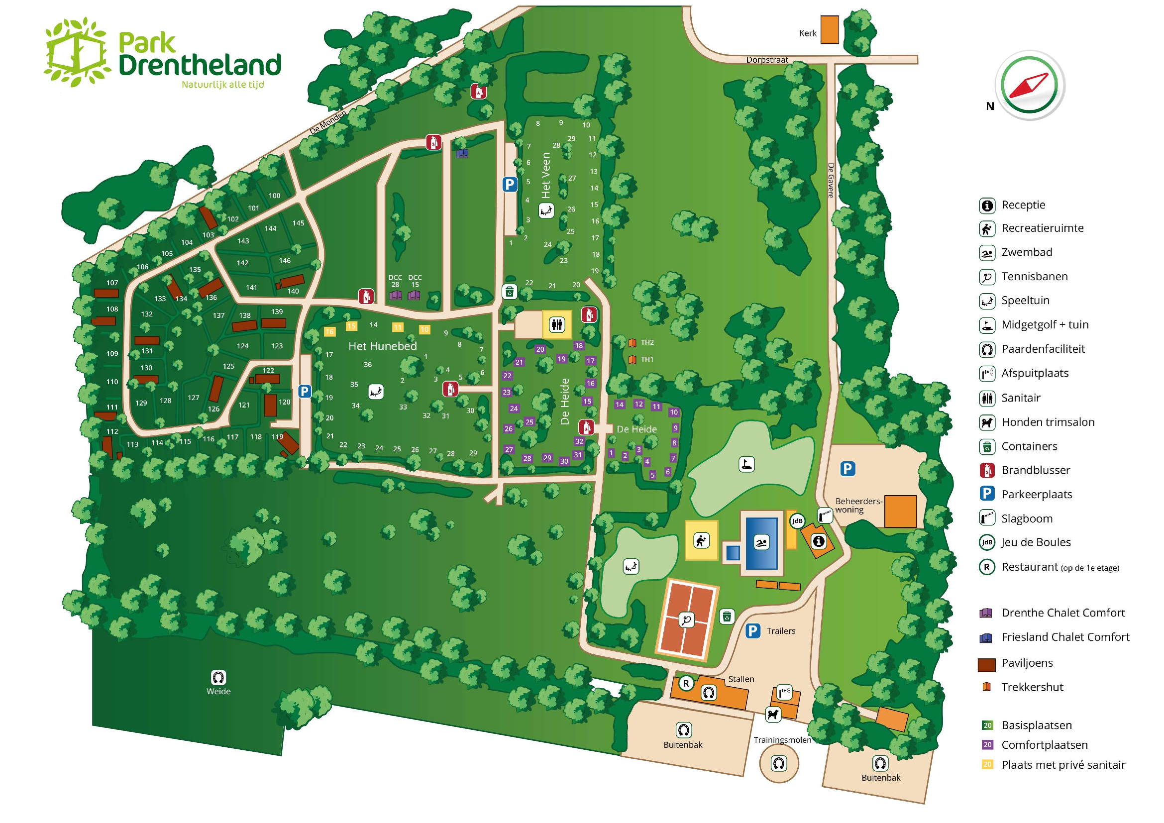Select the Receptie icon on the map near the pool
(x=818, y=541)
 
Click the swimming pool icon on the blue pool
(x=761, y=543)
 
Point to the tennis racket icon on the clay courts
(x=686, y=619)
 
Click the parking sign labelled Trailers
(x=753, y=631)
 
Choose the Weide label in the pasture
(x=218, y=691)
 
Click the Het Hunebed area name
(x=382, y=346)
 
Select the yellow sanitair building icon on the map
(x=557, y=324)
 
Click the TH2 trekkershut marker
(x=632, y=342)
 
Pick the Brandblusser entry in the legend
(x=1035, y=470)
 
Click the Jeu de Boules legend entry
(x=1035, y=542)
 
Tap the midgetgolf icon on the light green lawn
(x=746, y=464)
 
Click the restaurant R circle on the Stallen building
(x=686, y=683)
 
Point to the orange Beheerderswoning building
(x=900, y=512)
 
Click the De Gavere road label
(x=831, y=180)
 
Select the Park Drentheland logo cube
(x=76, y=52)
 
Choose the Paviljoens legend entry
(x=1027, y=663)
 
